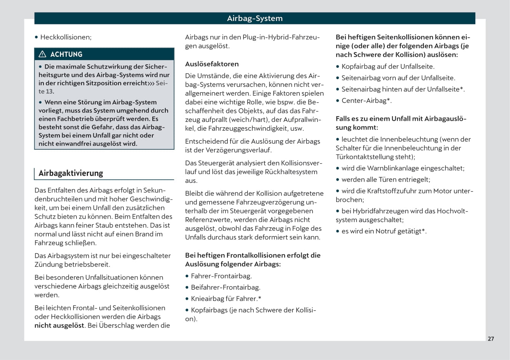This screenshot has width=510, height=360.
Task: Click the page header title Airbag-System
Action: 254,18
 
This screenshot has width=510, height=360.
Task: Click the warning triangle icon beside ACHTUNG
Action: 42,54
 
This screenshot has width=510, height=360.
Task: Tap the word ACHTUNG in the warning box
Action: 66,54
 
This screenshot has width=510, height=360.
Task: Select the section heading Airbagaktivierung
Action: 71,173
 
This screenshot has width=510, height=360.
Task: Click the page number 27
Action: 491,339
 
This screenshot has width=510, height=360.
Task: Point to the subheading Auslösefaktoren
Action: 212,64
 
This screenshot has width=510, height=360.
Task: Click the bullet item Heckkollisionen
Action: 66,37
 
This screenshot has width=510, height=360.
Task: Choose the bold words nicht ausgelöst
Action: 59,326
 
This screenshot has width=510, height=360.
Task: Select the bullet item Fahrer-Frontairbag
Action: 221,276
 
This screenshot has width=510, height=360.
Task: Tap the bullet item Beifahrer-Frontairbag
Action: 225,288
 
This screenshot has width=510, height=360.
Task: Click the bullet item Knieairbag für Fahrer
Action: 226,299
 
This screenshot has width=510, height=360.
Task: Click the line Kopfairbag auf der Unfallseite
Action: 388,67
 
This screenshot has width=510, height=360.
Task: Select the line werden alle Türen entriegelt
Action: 386,180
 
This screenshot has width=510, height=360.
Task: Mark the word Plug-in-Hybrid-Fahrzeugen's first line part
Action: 281,37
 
